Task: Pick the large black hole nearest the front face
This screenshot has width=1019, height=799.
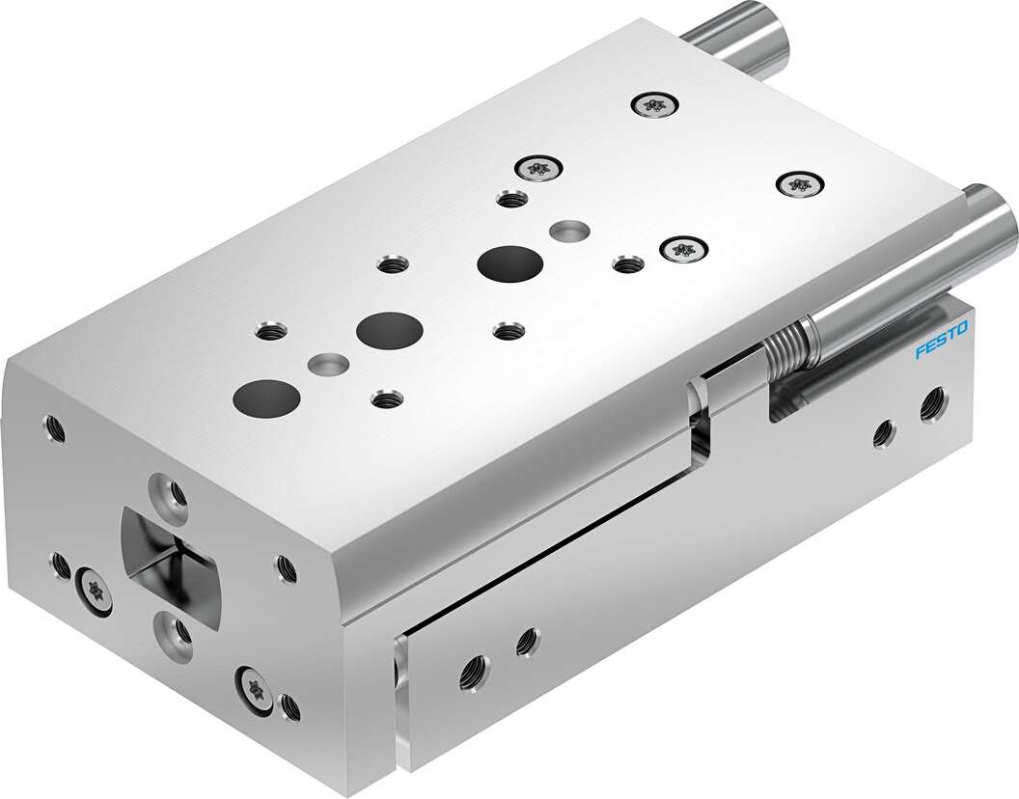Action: pos(263,394)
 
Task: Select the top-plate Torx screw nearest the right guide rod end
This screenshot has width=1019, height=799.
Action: pos(798,183)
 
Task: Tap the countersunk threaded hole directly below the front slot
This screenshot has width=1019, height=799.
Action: pos(177,632)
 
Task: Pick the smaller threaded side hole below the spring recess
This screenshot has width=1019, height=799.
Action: pos(882,435)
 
